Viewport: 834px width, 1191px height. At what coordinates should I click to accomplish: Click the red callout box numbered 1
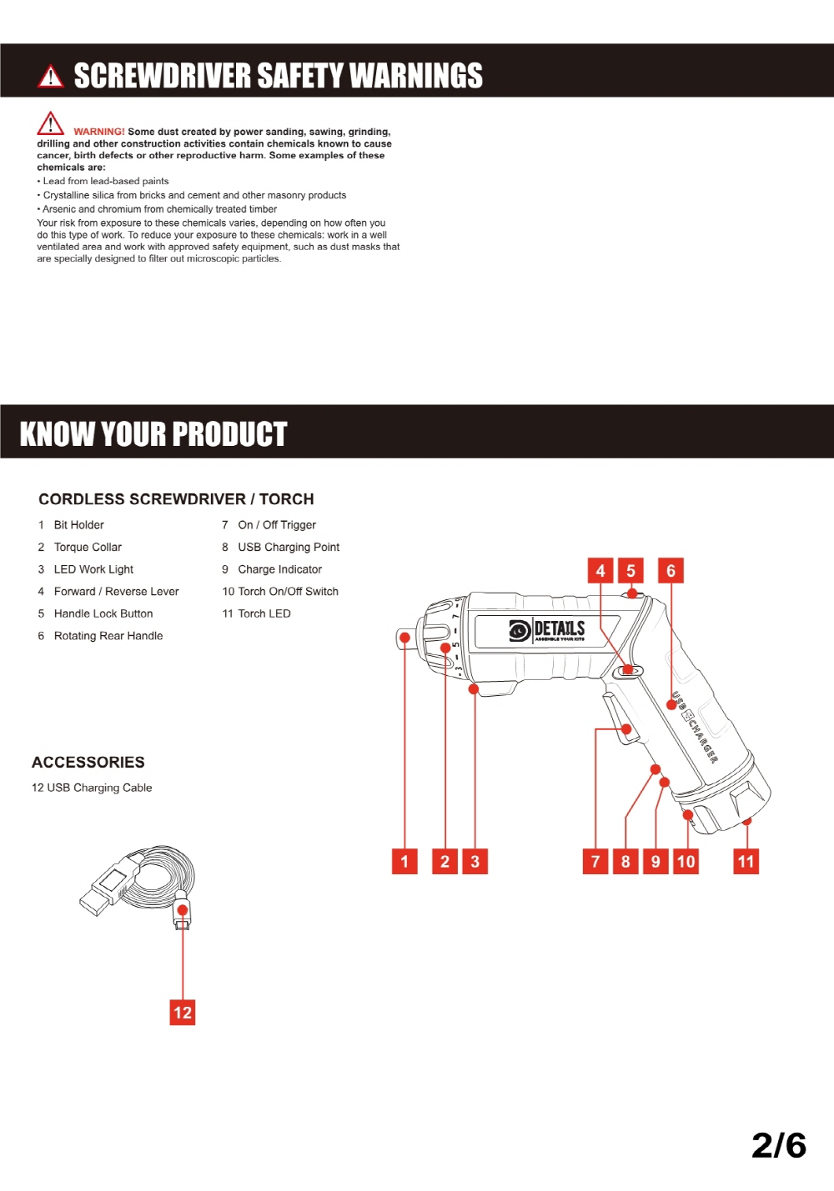tap(404, 861)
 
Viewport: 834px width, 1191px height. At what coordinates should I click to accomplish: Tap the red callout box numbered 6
tap(671, 571)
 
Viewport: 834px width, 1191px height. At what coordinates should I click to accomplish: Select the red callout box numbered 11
tap(746, 861)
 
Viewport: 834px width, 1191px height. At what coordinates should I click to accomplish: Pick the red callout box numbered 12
tap(183, 1013)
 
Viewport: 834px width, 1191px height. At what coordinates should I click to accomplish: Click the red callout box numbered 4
tap(600, 571)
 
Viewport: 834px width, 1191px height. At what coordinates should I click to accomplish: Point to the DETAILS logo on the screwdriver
tap(547, 630)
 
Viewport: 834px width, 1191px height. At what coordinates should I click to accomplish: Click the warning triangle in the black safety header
tap(51, 77)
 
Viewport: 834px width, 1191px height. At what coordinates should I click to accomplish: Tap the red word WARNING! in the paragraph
tap(98, 132)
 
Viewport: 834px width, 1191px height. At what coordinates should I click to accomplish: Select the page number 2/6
tap(778, 1145)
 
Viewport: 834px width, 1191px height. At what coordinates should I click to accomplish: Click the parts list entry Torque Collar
tap(88, 548)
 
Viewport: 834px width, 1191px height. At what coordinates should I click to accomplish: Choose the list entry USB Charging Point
tap(289, 548)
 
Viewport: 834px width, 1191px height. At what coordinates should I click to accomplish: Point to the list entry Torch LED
tap(264, 614)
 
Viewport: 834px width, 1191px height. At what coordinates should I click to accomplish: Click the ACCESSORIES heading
tap(88, 763)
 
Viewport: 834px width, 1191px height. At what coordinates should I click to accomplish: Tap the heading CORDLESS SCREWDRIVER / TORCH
tap(176, 499)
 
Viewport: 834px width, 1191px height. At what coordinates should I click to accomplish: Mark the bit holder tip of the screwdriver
tap(403, 638)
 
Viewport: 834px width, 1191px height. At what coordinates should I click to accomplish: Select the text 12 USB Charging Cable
tap(92, 788)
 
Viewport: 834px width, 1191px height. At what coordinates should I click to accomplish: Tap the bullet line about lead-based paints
tap(106, 181)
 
